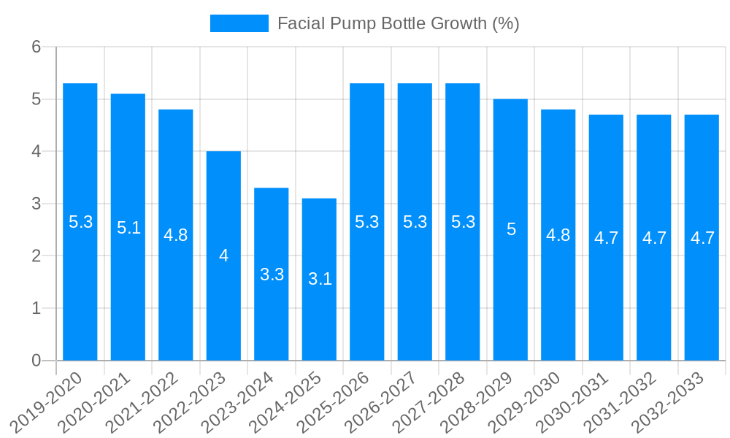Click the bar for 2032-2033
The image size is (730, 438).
click(x=702, y=292)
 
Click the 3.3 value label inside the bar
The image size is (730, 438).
click(x=272, y=274)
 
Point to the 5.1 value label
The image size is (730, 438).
click(x=128, y=227)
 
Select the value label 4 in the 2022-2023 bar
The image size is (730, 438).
click(x=223, y=255)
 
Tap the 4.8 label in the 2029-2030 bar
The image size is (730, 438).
click(x=558, y=235)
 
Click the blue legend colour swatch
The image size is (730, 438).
click(x=239, y=23)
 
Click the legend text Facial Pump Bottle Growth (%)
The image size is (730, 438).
click(x=398, y=23)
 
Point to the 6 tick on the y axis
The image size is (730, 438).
click(x=36, y=47)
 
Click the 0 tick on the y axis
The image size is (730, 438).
click(x=36, y=361)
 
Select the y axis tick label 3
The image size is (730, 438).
click(x=36, y=204)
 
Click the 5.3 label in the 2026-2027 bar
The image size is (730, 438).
click(x=415, y=222)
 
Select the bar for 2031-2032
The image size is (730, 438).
click(x=653, y=292)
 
